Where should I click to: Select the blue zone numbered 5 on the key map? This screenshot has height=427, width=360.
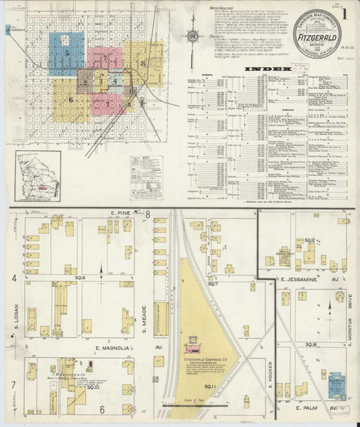click(67, 53)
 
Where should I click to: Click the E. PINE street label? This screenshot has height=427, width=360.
click(122, 213)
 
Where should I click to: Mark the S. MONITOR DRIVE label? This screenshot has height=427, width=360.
click(351, 315)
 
